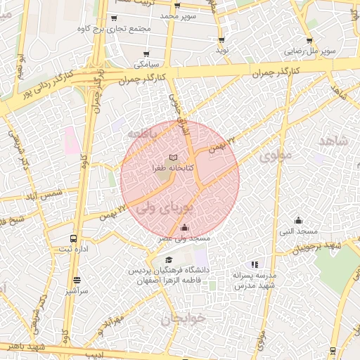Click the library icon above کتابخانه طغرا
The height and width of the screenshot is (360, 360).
(173, 157)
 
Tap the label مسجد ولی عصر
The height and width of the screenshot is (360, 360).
(184, 239)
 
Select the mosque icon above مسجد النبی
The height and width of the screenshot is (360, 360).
(297, 219)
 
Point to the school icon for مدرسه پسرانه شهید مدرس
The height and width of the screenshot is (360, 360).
(255, 264)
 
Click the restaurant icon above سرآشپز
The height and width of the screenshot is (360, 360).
(76, 279)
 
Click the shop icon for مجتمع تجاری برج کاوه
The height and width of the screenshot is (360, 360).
(114, 18)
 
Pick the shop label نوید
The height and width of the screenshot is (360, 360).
(222, 51)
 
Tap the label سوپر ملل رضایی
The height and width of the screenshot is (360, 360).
(309, 51)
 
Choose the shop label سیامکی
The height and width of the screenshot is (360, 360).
(147, 64)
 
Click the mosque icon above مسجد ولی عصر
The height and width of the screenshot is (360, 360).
(184, 227)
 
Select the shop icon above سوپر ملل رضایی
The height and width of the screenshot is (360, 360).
(309, 40)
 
